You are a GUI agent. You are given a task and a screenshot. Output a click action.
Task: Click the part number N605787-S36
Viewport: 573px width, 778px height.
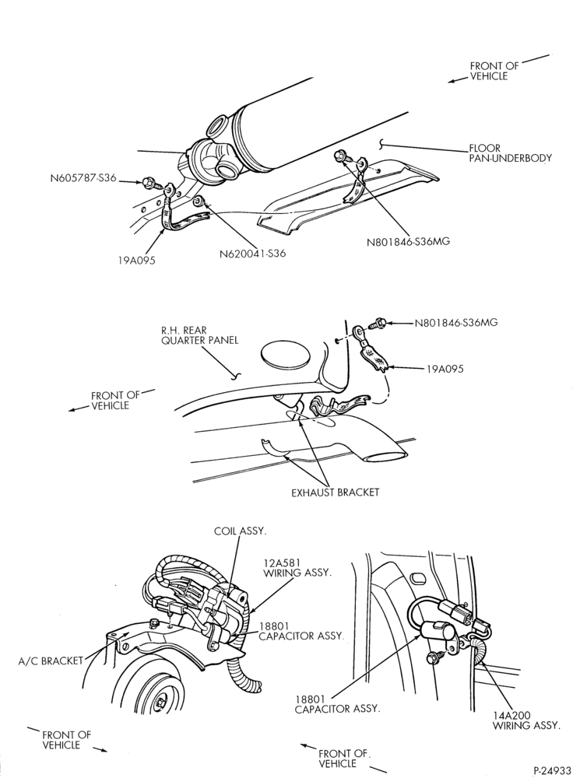(x=83, y=177)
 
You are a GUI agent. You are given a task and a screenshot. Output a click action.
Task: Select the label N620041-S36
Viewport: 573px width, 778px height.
(x=253, y=254)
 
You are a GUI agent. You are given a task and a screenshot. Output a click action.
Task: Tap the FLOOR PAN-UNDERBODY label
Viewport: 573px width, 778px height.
(x=510, y=152)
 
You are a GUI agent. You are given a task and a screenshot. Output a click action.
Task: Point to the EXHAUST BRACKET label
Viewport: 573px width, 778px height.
(x=336, y=492)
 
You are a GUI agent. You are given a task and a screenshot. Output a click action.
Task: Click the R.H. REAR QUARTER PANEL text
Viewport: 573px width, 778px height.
(x=199, y=335)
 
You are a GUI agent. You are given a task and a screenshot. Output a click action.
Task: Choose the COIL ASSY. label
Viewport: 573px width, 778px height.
(x=241, y=531)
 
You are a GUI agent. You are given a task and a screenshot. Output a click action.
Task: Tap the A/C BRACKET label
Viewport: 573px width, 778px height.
(x=50, y=661)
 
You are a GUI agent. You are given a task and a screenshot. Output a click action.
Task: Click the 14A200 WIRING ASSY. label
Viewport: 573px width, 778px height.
(x=526, y=720)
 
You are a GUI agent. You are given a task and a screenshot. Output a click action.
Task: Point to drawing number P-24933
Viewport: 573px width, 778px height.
(x=552, y=770)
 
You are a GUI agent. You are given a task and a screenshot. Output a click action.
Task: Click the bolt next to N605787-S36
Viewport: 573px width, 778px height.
(x=149, y=183)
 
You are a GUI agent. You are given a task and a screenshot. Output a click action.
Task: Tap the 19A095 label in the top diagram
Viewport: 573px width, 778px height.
(x=136, y=260)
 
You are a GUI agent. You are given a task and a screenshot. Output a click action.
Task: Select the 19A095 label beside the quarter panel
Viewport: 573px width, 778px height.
(x=445, y=369)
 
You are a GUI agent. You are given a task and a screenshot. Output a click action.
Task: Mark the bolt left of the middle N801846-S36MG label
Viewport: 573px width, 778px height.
(x=378, y=324)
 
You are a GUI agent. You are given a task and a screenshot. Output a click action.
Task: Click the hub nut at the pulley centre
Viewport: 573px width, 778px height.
(x=161, y=703)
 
